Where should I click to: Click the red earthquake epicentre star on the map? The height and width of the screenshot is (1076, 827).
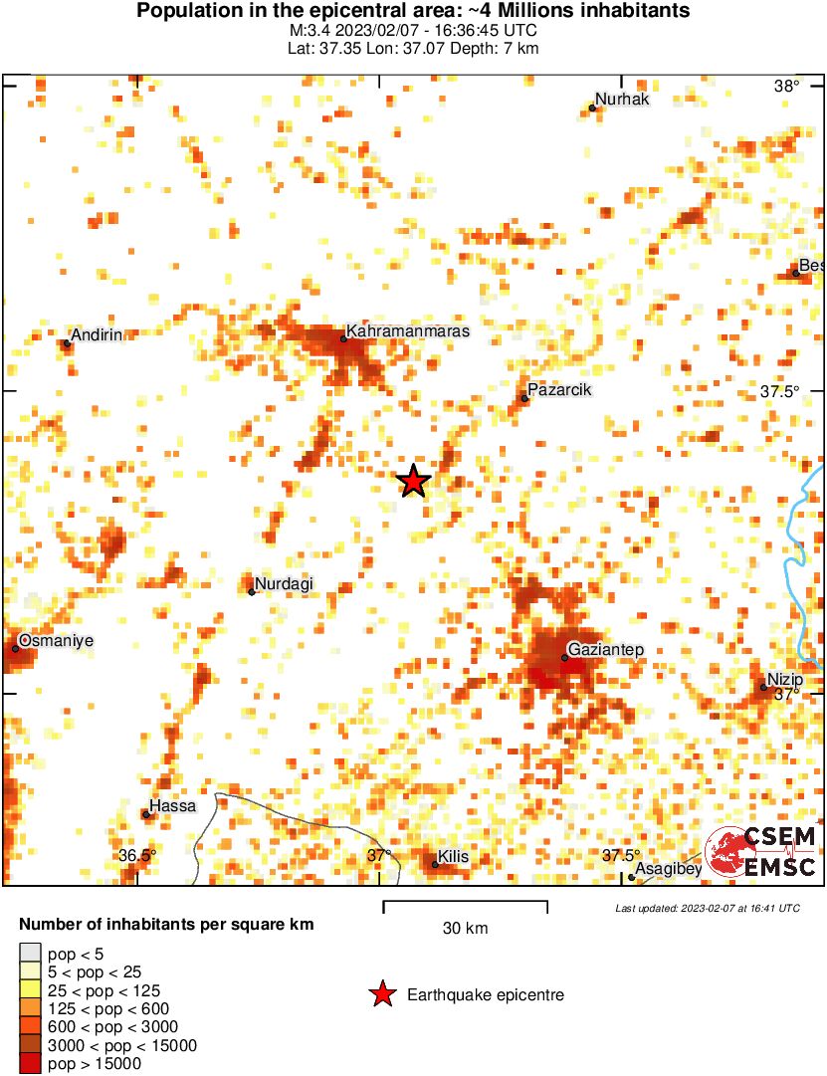click(413, 482)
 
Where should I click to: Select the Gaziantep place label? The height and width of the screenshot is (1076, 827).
click(607, 650)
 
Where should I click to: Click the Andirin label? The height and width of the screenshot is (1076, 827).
click(96, 335)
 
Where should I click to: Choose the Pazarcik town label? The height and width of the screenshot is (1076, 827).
click(559, 390)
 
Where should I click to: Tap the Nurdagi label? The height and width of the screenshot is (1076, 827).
click(285, 584)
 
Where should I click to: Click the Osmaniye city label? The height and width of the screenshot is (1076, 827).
click(55, 641)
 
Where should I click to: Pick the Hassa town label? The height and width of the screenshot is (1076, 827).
click(172, 806)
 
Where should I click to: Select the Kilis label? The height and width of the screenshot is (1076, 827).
click(453, 857)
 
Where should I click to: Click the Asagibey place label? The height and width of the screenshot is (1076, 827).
click(669, 870)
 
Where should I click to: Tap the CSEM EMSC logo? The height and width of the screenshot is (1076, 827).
click(761, 851)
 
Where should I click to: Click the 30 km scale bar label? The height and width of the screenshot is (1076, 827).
click(465, 929)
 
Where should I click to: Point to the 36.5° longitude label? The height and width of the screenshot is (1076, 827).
click(138, 856)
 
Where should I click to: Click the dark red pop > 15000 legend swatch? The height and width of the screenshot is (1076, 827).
click(31, 1063)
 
